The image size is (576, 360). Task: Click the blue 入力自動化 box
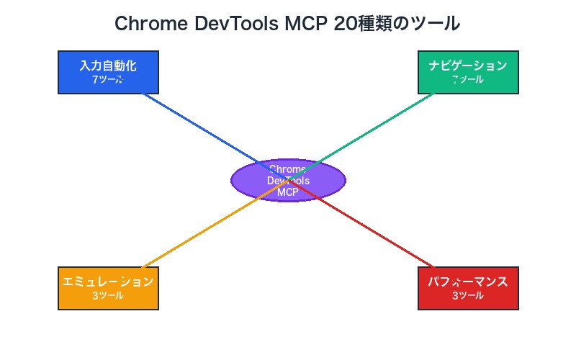[x=108, y=72]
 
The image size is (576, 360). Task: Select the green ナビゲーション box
[x=468, y=72]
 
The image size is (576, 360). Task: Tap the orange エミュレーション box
[x=108, y=288]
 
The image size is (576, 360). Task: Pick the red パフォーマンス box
[x=468, y=288]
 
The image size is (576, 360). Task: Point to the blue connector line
[x=194, y=124]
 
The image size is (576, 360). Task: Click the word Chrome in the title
[x=151, y=24]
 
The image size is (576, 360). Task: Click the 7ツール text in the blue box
[x=108, y=80]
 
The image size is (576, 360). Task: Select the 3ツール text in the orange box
[x=108, y=296]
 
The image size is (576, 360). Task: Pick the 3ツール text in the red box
[x=468, y=296]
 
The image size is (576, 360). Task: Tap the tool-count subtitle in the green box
[x=468, y=80]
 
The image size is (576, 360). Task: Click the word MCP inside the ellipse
[x=288, y=192]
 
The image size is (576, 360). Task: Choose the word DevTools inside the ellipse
[x=288, y=181]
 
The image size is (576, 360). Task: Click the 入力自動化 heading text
[x=108, y=66]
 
